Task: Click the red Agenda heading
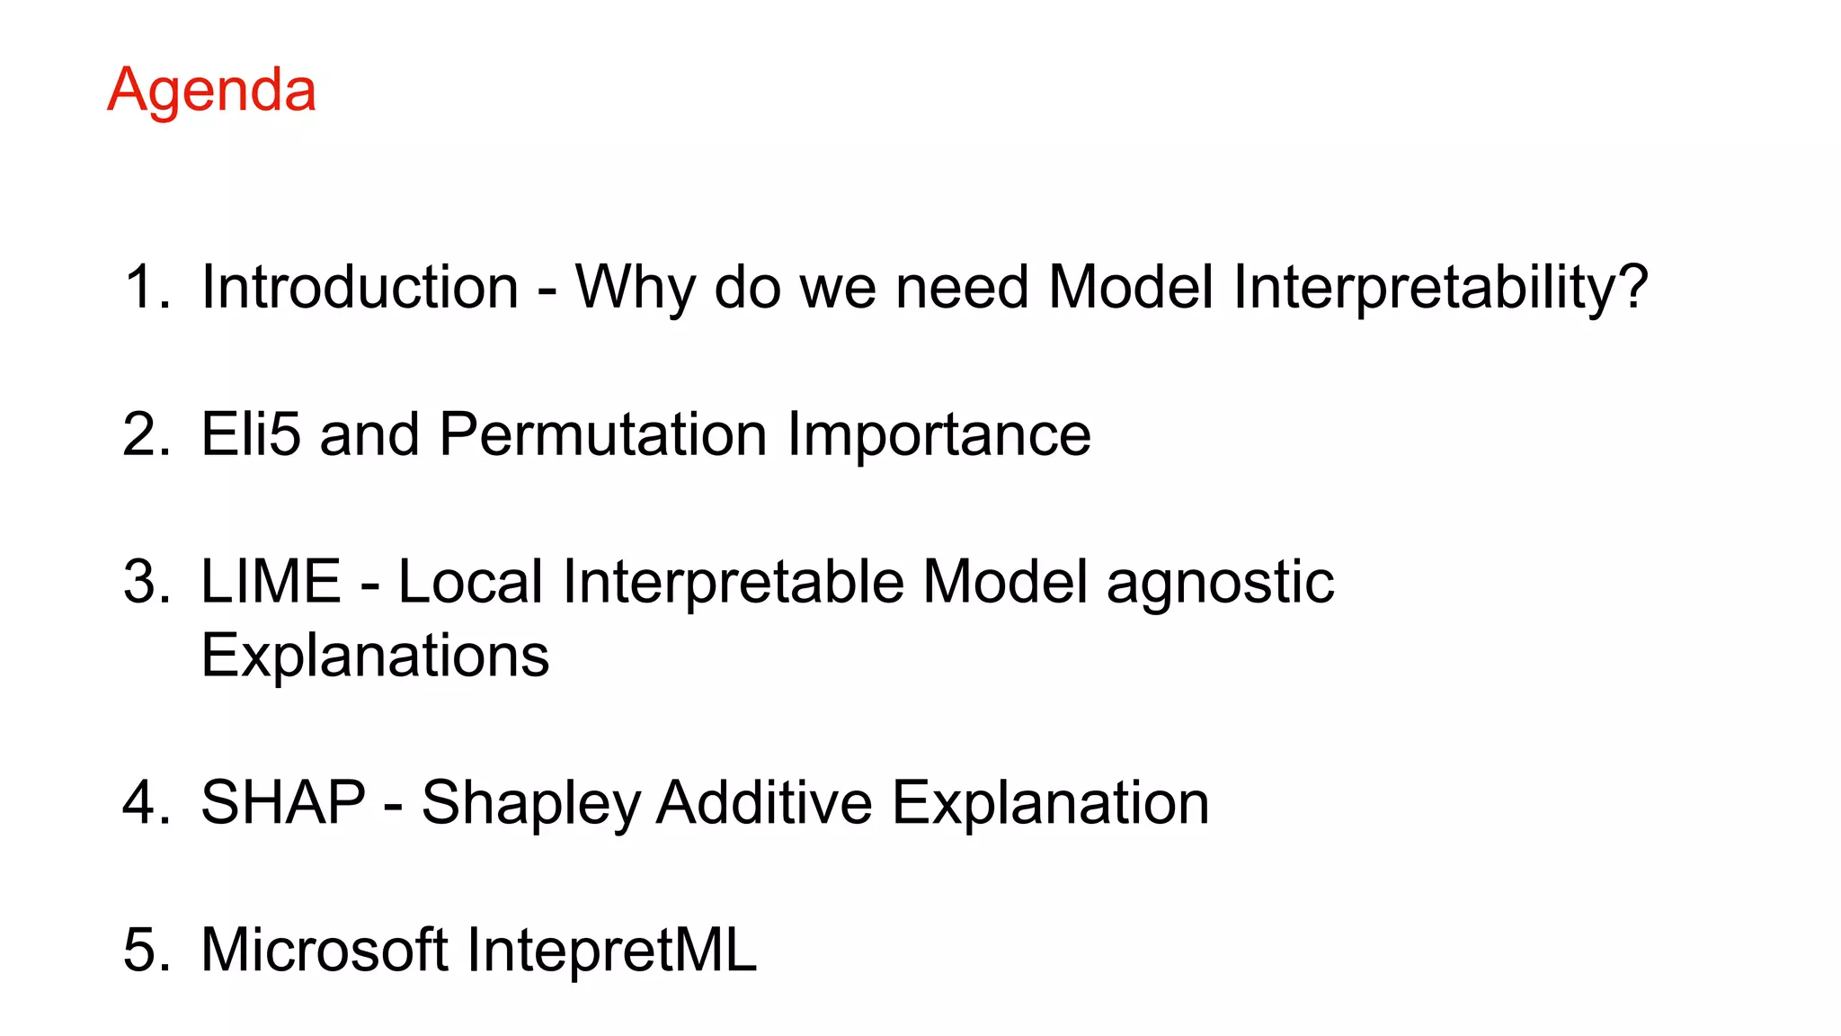coord(211,91)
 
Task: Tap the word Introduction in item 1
coord(360,288)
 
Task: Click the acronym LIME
coord(271,582)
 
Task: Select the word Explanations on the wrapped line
coord(375,656)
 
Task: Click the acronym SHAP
coord(283,802)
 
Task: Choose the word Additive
coord(764,802)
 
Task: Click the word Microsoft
coord(325,950)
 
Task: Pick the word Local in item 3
coord(469,582)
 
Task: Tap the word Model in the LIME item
coord(1005,582)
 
